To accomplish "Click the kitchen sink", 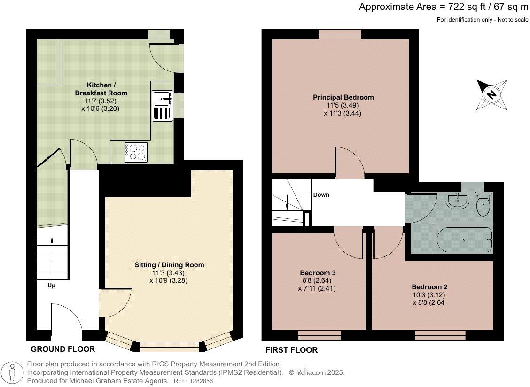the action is (163, 106).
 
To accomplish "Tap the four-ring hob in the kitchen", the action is (136, 152).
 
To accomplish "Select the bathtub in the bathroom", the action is (465, 240).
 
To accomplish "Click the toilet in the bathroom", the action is (483, 204).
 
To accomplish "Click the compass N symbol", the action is (492, 94).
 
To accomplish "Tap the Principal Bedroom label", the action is (343, 97).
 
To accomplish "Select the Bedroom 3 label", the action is (318, 273).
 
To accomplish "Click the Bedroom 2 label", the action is (429, 287).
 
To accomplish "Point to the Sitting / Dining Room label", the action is (169, 265).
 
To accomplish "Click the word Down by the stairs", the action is (321, 195).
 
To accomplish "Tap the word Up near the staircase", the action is (51, 286).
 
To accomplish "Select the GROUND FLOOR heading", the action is (63, 349).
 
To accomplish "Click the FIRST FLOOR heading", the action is (292, 350).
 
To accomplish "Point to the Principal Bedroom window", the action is (340, 34).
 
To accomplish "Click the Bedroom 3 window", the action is (320, 335).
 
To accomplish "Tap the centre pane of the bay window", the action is (170, 347).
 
